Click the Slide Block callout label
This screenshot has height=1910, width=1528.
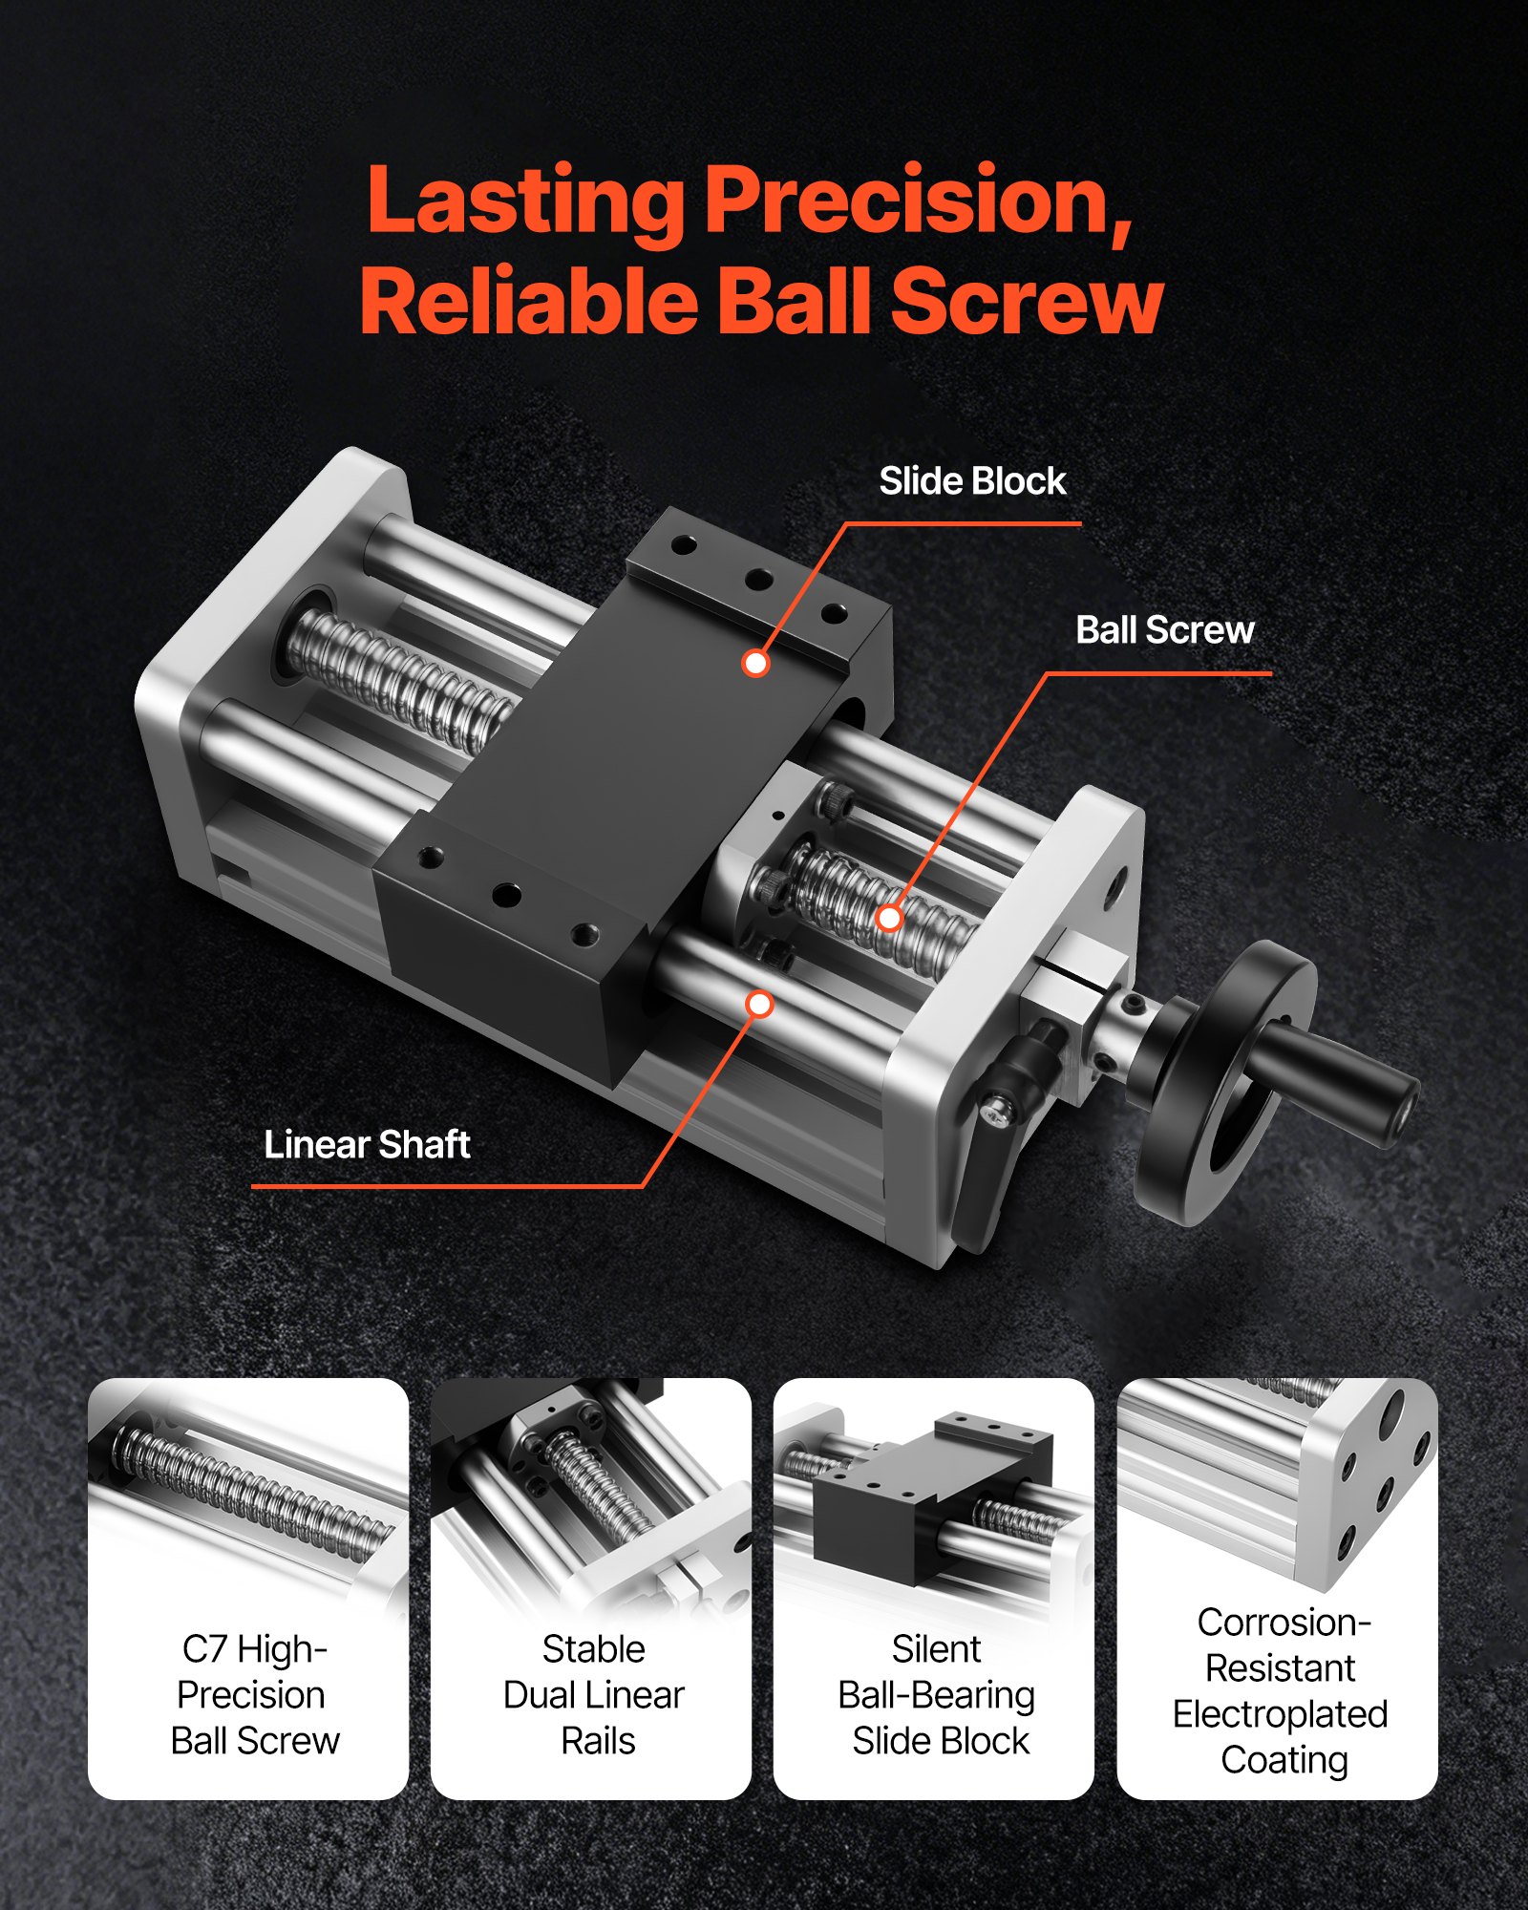coord(971,481)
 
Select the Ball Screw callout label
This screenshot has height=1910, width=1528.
coord(1164,630)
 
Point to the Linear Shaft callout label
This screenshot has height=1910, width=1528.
coord(367,1144)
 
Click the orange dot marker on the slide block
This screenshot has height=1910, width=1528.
coord(755,663)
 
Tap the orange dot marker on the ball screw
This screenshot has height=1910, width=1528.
coord(889,918)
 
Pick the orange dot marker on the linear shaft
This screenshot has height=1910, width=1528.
coord(760,1004)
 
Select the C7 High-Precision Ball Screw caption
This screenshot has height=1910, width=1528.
coord(254,1694)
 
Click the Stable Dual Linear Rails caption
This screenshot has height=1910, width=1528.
coord(594,1694)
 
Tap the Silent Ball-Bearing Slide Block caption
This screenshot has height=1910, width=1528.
coord(937,1694)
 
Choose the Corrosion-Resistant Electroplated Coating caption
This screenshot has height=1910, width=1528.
coord(1280,1690)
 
